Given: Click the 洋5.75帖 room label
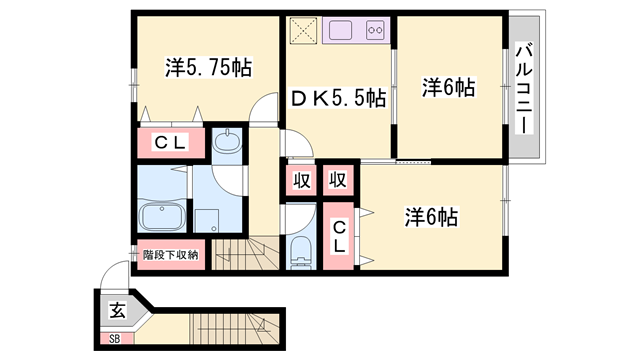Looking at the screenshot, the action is tap(209, 67).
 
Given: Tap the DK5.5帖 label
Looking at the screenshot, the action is tap(338, 98).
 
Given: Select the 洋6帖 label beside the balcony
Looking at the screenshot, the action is tap(449, 87).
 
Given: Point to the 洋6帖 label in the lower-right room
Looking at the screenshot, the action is tap(431, 217).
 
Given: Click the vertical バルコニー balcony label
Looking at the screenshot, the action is tap(524, 88).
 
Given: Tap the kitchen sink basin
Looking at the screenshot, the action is tap(340, 30).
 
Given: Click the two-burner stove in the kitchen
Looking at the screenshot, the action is tap(375, 30).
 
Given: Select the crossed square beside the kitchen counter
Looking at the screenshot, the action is tap(303, 31).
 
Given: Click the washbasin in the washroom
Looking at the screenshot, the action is tap(227, 141).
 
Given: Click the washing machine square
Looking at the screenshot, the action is tap(206, 221).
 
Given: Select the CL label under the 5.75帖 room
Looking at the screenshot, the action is tap(171, 142).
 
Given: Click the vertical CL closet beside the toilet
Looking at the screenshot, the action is tap(338, 236).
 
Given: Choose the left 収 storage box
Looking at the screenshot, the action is tap(301, 180).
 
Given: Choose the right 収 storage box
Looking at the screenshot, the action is tap(338, 180).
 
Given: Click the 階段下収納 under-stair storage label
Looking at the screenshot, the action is tap(171, 256).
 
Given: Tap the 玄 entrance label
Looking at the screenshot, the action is tap(117, 311).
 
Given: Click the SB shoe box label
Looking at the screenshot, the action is tap(115, 339).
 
